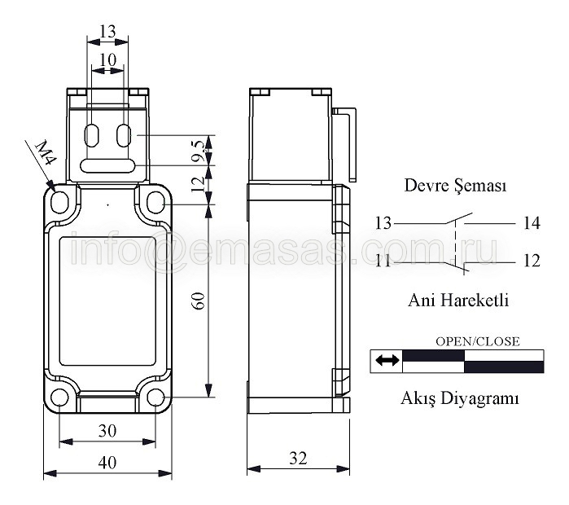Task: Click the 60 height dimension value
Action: (199, 301)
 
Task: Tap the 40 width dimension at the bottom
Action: (107, 463)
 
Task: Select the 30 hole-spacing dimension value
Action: (107, 431)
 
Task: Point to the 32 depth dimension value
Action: (298, 459)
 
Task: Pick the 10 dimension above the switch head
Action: (107, 60)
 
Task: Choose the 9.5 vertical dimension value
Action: (199, 151)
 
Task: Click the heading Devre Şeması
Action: (455, 185)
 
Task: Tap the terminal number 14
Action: (532, 223)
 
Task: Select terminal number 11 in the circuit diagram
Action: (383, 261)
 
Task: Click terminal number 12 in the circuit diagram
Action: (532, 261)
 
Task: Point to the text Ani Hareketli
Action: (458, 301)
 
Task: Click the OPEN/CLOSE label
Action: (478, 341)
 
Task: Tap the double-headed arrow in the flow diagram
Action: (387, 361)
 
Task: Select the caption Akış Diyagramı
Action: (459, 398)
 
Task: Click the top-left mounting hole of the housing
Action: (60, 202)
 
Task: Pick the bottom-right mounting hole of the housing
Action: (155, 397)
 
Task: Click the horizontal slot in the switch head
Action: (107, 166)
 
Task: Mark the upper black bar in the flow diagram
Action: (434, 356)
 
